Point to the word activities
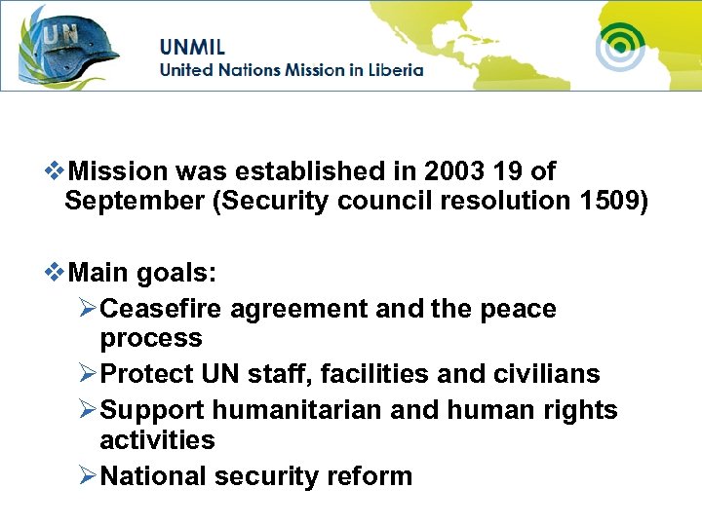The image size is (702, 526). click(x=157, y=440)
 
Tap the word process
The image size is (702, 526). click(x=151, y=339)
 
